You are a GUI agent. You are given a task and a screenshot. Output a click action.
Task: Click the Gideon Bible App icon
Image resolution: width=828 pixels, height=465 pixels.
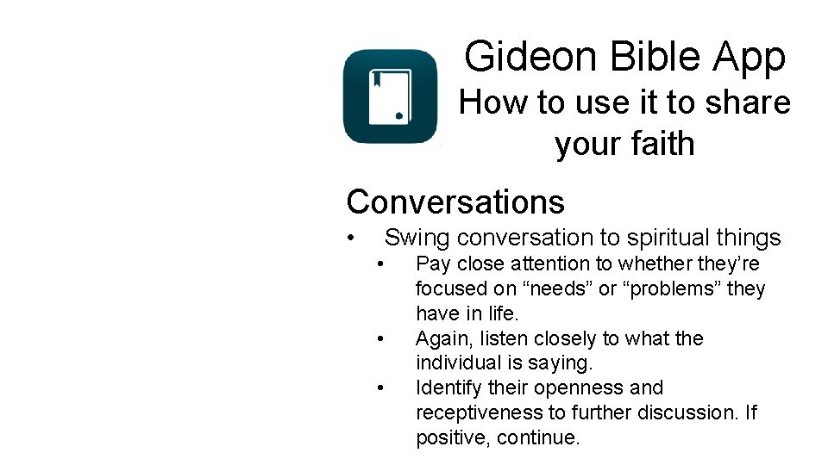[x=390, y=96]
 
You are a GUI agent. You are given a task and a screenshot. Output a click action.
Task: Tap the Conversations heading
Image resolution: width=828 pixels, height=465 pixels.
[x=455, y=202]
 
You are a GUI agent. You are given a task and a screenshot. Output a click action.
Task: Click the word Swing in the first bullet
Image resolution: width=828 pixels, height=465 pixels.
[x=417, y=239]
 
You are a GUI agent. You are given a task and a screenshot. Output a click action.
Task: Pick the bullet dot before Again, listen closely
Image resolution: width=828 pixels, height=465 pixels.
[x=380, y=338]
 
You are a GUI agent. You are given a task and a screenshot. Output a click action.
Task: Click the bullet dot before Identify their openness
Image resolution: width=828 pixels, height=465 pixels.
[x=380, y=387]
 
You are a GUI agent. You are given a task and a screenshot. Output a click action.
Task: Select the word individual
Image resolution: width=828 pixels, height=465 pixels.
[x=457, y=363]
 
